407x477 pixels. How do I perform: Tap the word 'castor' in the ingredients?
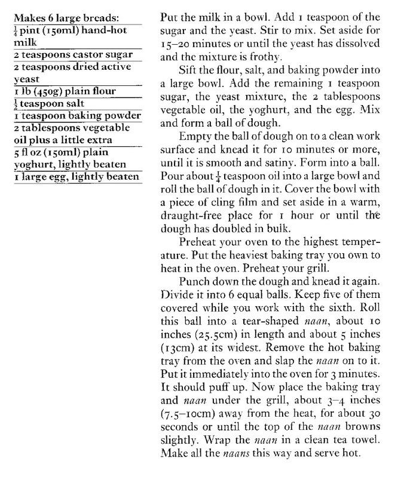click(x=81, y=56)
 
